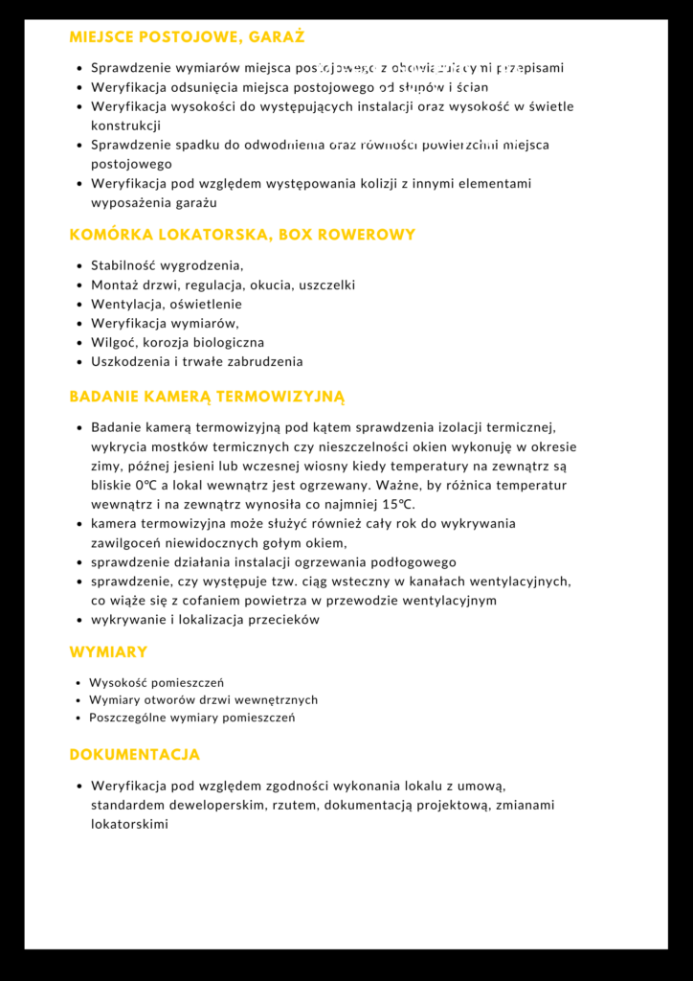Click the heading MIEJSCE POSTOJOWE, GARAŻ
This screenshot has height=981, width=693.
pos(187,37)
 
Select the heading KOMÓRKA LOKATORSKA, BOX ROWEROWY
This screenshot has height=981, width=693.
pos(242,235)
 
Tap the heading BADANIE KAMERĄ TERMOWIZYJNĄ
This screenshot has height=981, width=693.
pos(207,397)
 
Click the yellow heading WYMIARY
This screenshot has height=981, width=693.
pos(108,652)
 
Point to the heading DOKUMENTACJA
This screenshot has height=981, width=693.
pos(134,755)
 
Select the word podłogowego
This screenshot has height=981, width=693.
pos(414,562)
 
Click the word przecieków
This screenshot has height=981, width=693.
pos(285,620)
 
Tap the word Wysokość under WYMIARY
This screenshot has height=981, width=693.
pos(118,683)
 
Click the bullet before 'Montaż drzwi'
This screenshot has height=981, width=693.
pos(79,285)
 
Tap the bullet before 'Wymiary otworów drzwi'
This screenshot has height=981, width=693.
pos(78,700)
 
